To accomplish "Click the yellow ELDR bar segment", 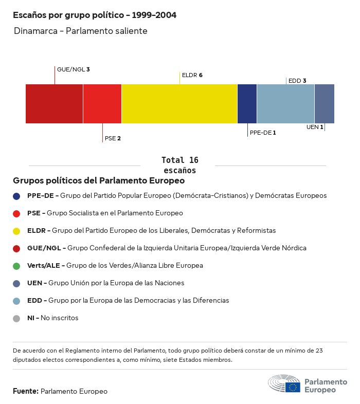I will click(x=179, y=104).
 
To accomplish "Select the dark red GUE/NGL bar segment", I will click(x=54, y=104).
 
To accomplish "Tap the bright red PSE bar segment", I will click(x=102, y=104).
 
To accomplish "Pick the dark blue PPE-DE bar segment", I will click(x=247, y=104).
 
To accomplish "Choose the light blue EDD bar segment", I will click(x=285, y=104).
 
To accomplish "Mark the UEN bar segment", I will click(x=325, y=104).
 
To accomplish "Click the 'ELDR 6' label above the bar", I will click(x=192, y=75).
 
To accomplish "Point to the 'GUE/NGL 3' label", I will click(x=74, y=69).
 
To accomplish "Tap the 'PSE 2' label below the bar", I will click(x=113, y=138).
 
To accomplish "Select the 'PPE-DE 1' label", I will click(x=263, y=133).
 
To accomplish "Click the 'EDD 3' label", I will click(x=297, y=81).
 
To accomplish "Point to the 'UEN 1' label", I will click(x=315, y=127).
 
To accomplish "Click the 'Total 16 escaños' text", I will click(x=179, y=165).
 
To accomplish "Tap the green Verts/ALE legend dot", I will click(x=16, y=266).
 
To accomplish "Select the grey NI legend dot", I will click(x=16, y=318).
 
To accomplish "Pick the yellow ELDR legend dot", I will click(x=16, y=231).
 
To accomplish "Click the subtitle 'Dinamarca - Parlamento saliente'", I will click(x=81, y=31).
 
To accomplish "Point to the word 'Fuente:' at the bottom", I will click(x=26, y=391).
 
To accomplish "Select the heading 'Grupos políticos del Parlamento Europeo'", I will click(x=99, y=181).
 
